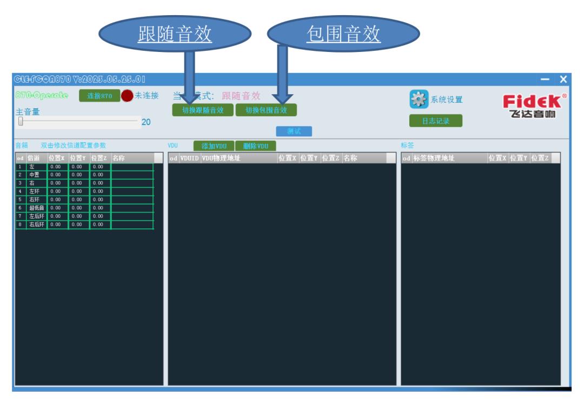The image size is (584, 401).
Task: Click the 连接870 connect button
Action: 99,96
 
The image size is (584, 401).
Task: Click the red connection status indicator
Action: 127,96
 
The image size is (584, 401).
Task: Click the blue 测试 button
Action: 294,132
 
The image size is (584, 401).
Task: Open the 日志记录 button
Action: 435,121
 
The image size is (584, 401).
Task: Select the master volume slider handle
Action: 21,122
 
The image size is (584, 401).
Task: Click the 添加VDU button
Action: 214,146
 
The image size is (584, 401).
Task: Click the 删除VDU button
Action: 255,146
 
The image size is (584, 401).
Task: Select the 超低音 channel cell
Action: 37,208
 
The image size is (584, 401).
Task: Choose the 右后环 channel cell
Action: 37,224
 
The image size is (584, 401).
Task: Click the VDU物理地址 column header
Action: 222,159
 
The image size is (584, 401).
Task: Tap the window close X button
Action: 563,80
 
